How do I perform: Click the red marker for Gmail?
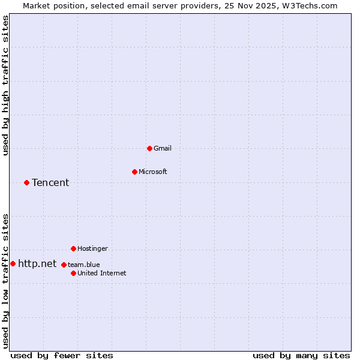coord(149,148)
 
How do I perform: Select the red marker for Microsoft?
coord(134,172)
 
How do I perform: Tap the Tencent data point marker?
coord(26,182)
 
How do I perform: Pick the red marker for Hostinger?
coord(73,248)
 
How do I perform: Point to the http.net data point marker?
coord(13,263)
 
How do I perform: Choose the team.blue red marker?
coord(64,265)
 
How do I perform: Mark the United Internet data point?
coord(73,273)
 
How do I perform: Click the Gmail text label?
coord(163,148)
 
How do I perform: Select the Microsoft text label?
coord(152,172)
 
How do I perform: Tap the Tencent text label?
coord(50,182)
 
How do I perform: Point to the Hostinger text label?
coord(92,248)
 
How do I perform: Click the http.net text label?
coord(37,263)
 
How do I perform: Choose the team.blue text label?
coord(83,265)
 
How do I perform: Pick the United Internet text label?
coord(101,273)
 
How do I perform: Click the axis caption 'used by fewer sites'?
coord(62,355)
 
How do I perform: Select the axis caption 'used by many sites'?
coord(301,355)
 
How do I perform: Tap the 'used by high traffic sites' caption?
coord(6,85)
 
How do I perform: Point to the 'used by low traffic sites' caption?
coord(6,281)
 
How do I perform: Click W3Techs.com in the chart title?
coord(312,5)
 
